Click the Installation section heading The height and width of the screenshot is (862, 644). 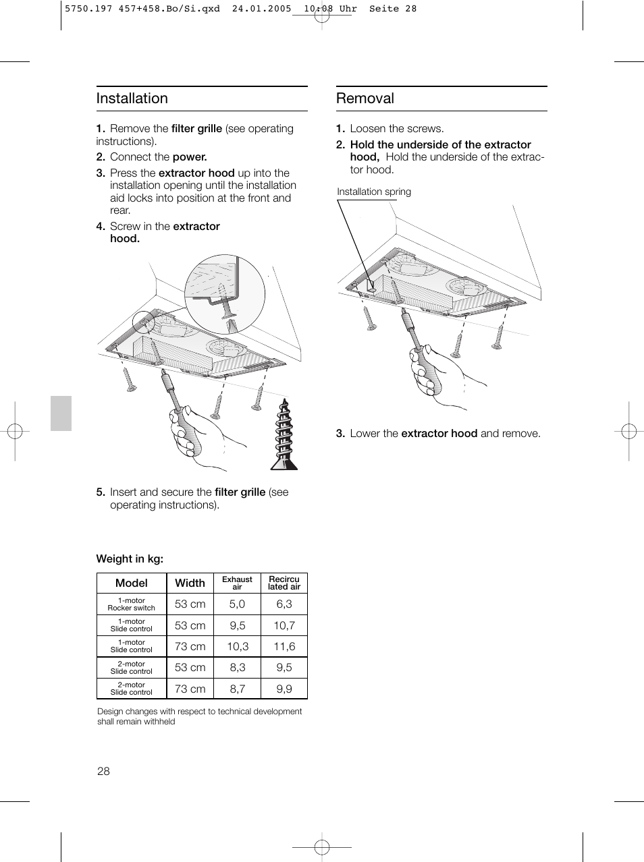point(132,98)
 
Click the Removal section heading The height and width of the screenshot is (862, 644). point(365,98)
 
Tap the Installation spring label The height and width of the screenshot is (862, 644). point(374,192)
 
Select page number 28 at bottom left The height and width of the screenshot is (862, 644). point(103,771)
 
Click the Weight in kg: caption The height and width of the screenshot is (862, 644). point(130,558)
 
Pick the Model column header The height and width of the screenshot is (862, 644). point(132,583)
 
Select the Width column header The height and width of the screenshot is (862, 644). point(190,583)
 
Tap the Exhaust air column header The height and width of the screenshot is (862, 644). point(237,583)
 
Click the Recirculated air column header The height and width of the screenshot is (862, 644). point(284,583)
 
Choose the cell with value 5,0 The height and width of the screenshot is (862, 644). point(237,604)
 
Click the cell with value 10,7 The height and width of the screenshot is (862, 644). point(284,625)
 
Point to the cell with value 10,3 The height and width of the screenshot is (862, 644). point(237,646)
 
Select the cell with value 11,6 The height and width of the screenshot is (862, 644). point(284,646)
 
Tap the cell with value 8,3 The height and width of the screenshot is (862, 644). point(237,667)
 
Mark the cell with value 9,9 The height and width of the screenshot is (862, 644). point(284,689)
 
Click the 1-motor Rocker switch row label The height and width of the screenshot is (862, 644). point(132,604)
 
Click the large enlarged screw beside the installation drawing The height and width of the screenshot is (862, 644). point(284,435)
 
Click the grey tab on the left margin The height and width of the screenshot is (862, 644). point(61,413)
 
